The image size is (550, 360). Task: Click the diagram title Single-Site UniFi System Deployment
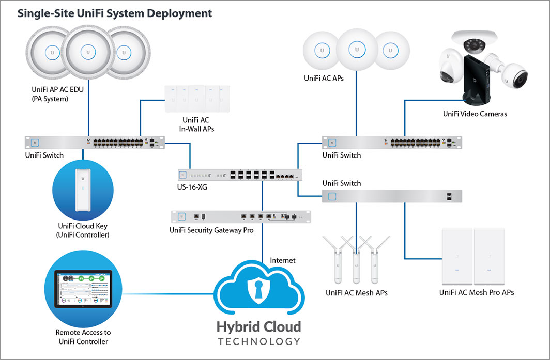(x=115, y=13)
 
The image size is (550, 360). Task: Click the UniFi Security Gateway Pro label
(x=211, y=230)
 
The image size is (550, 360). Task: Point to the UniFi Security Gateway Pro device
(x=241, y=217)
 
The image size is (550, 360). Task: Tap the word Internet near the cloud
(x=283, y=260)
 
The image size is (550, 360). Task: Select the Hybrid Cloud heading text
(x=258, y=327)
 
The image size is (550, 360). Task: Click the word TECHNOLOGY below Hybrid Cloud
(x=258, y=341)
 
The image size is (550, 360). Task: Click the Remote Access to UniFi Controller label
(x=83, y=337)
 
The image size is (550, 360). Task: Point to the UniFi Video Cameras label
(x=475, y=114)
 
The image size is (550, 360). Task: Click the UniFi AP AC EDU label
(x=57, y=93)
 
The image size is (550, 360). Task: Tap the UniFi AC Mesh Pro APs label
(x=477, y=292)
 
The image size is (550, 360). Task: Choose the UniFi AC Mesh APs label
(x=357, y=293)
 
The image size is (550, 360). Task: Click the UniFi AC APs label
(x=324, y=79)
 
